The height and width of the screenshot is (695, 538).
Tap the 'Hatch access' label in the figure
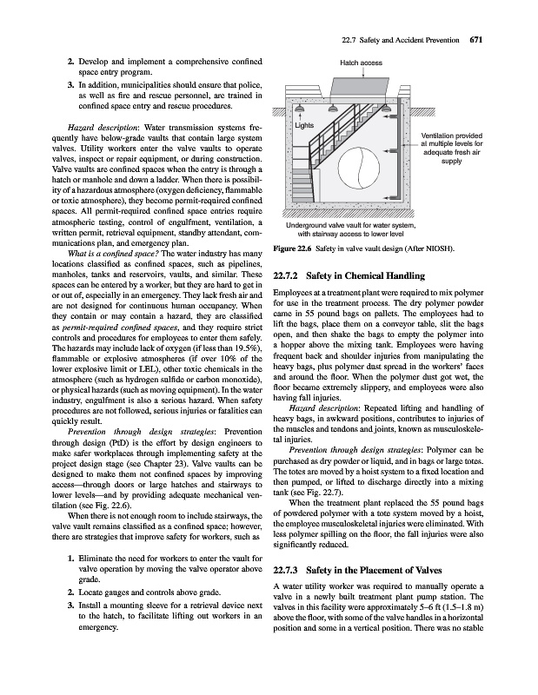click(x=361, y=63)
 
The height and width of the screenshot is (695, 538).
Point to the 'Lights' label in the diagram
click(x=304, y=126)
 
